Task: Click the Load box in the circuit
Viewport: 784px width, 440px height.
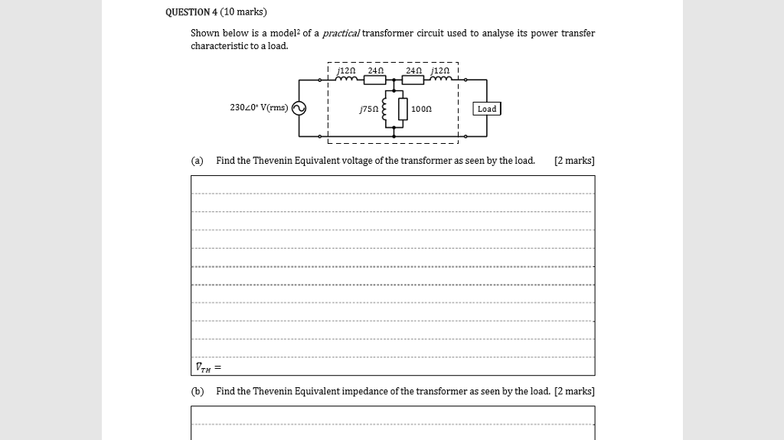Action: pos(487,109)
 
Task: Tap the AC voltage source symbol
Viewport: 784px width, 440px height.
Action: pos(298,109)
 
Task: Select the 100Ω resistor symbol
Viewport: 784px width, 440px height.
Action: pos(402,109)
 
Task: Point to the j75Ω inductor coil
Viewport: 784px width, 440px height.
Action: pos(384,109)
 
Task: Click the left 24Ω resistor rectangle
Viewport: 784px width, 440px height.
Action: pos(375,80)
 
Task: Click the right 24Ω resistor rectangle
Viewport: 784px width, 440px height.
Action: pos(413,80)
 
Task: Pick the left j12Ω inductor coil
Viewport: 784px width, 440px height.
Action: pos(347,79)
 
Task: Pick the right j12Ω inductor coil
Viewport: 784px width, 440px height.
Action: pos(441,79)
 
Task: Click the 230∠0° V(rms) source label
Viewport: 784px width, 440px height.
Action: pos(259,108)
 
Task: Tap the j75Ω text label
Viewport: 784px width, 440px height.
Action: pos(367,109)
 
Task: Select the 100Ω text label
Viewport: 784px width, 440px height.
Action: pos(422,109)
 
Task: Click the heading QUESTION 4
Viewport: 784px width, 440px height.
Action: pos(191,12)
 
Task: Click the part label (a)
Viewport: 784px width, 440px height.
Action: pos(198,161)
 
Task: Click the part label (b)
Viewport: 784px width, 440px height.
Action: pos(198,391)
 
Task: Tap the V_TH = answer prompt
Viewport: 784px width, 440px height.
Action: pos(207,367)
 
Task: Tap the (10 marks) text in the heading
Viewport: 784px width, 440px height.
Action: pos(243,12)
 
